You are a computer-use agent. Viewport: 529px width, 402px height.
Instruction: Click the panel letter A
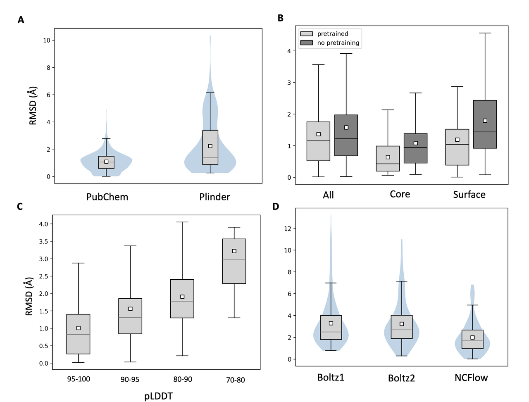pos(21,19)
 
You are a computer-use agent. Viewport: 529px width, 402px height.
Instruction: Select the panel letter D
pos(276,206)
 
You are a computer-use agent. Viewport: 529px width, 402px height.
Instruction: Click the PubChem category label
pos(107,197)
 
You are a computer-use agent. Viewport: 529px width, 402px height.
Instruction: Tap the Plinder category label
pos(214,197)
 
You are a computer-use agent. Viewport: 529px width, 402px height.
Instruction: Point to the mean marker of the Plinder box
pos(210,146)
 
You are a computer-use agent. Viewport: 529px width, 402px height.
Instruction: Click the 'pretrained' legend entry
pos(332,34)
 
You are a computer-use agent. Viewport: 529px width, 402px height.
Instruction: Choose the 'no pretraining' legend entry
pos(338,43)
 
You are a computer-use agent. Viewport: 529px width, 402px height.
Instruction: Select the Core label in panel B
pos(400,194)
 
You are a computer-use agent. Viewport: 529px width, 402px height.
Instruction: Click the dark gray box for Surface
pos(485,124)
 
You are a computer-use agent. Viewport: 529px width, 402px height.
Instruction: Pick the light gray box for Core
pos(388,158)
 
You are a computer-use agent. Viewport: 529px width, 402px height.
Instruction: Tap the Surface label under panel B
pos(469,195)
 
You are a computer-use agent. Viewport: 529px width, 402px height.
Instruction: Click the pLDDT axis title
pos(158,396)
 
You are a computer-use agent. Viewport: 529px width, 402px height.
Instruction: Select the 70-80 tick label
pos(235,380)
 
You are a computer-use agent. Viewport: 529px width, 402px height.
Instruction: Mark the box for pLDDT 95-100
pos(79,334)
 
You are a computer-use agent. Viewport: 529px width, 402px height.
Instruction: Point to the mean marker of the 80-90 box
pos(182,297)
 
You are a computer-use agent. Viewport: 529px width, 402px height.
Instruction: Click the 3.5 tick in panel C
pos(43,241)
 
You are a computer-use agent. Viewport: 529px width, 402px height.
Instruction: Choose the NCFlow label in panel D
pos(471,378)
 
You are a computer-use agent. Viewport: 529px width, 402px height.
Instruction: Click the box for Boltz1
pos(331,328)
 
